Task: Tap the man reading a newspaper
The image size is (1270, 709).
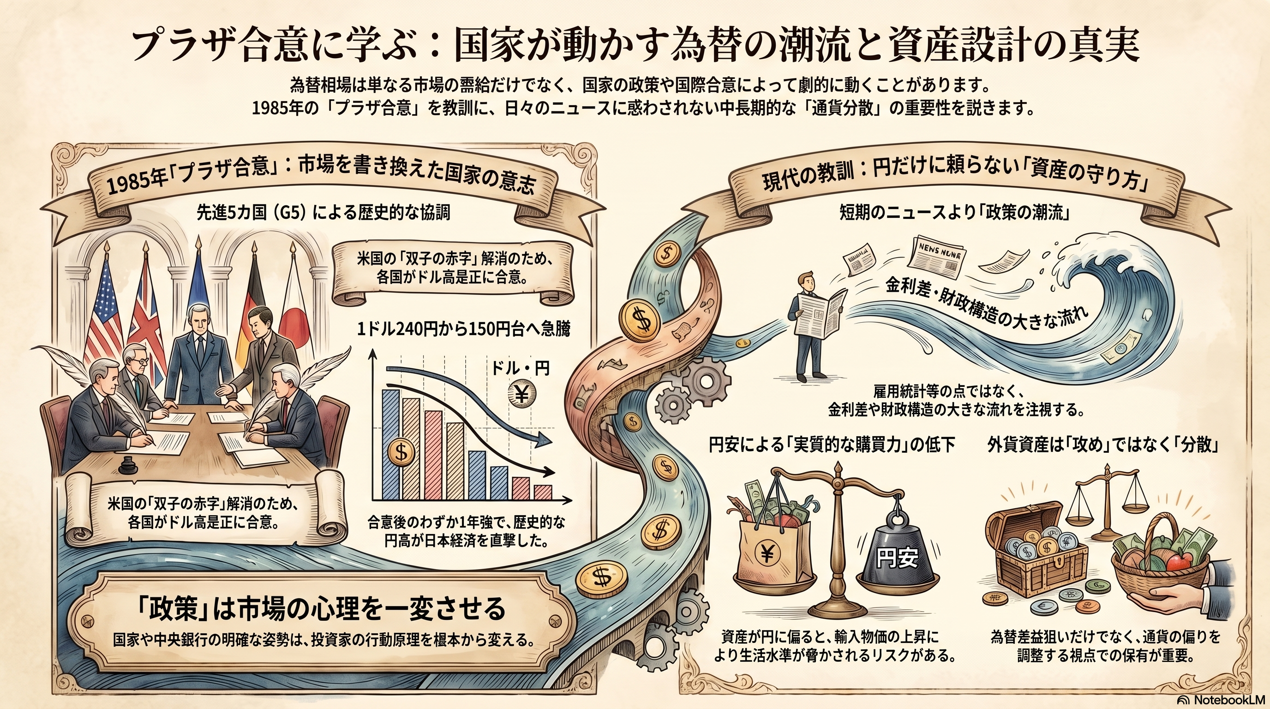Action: coord(814,330)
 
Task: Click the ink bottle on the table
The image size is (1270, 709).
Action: coord(129,464)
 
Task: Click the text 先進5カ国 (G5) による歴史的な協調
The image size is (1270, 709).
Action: coord(323,213)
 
